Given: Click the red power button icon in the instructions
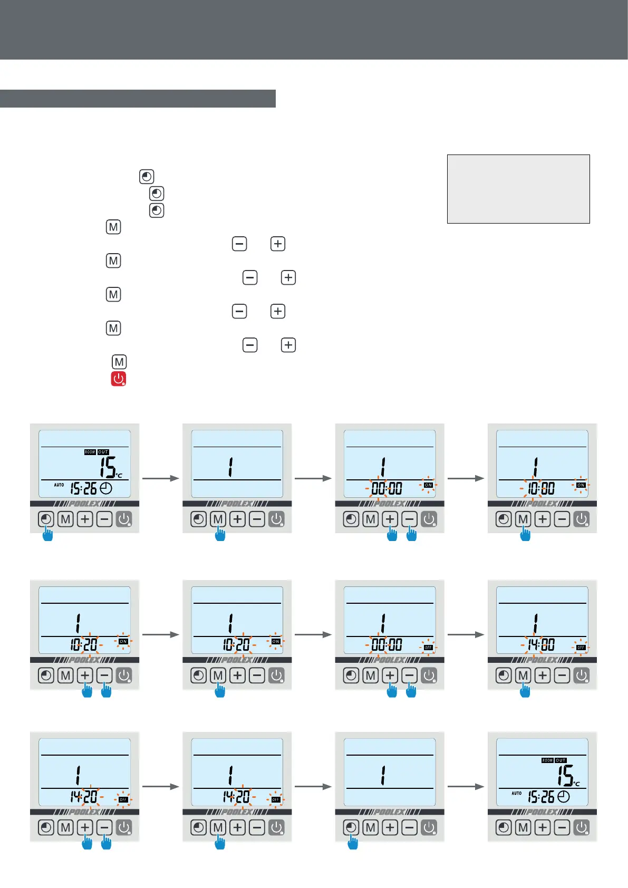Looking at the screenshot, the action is (x=118, y=379).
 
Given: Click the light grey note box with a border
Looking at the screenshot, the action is (x=518, y=189).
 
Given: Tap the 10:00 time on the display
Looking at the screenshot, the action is (x=541, y=488).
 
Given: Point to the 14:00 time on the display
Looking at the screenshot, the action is (x=541, y=644).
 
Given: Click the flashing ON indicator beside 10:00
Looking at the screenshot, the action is (x=581, y=485).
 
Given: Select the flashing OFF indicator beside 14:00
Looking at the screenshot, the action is (x=581, y=648).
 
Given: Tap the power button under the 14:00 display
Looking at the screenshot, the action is (x=582, y=675).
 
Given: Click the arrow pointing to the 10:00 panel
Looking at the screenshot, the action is (x=466, y=478).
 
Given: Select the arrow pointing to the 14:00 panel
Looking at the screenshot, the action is (x=466, y=634).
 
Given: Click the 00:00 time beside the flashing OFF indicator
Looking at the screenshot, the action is (x=387, y=644).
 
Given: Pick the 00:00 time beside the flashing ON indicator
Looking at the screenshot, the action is (x=387, y=488).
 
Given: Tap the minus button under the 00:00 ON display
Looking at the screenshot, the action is (x=410, y=519).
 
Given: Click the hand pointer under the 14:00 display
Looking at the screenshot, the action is (x=525, y=690).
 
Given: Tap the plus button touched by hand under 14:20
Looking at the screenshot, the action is (x=85, y=827).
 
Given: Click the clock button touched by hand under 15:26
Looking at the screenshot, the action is (x=46, y=519).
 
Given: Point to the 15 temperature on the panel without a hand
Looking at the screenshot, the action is (x=566, y=775).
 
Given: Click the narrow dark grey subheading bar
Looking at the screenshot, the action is (x=138, y=99).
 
